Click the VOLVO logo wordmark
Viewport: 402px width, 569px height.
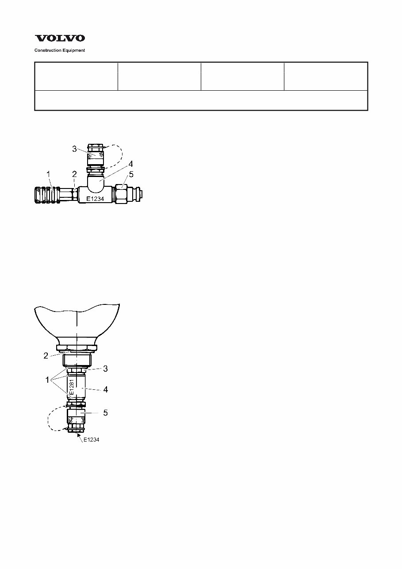tap(60, 39)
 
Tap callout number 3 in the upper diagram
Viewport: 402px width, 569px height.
tap(75, 149)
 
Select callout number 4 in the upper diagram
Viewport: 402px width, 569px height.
tap(131, 163)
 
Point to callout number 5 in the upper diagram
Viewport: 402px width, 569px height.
tap(131, 174)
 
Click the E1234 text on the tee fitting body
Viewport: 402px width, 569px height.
tap(95, 199)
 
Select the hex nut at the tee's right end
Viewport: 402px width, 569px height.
tap(122, 195)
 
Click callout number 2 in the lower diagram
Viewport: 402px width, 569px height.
tap(46, 356)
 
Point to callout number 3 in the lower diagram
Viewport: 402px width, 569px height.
tap(105, 368)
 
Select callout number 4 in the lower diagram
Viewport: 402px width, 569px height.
tap(105, 390)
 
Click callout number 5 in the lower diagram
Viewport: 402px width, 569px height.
tap(105, 412)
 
